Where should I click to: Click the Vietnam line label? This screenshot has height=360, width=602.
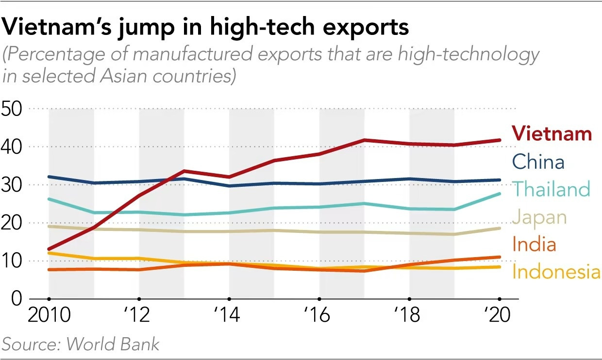tap(552, 133)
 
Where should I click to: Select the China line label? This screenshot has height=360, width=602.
tap(538, 162)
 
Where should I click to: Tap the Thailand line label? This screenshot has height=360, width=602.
tap(551, 189)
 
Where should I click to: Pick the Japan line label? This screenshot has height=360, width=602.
tap(539, 217)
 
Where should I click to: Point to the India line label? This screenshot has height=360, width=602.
tap(534, 245)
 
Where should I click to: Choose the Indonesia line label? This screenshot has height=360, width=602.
tap(556, 272)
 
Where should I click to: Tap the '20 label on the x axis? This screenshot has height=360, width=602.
tap(498, 316)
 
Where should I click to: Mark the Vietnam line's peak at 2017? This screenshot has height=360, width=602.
tap(364, 140)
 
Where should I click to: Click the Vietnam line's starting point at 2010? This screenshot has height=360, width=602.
tap(49, 249)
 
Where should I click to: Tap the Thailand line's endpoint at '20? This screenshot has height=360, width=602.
tap(499, 194)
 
